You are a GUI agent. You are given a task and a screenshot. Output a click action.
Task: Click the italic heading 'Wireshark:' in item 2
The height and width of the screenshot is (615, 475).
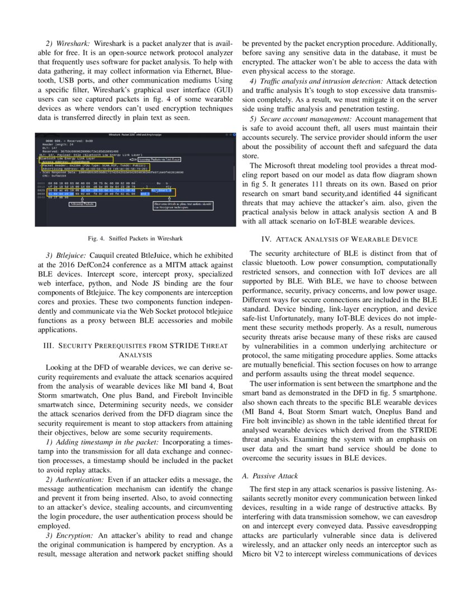tap(74, 44)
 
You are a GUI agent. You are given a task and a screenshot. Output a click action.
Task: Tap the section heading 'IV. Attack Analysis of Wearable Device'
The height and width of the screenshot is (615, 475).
tap(340, 239)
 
